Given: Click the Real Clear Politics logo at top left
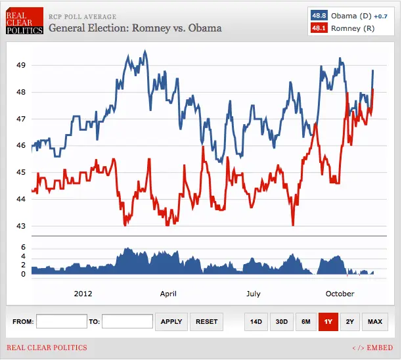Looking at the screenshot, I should [24, 22].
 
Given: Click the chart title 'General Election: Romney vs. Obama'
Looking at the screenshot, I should [135, 28].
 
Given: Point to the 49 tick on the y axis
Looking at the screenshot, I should [21, 65].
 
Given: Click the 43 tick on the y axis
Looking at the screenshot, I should [21, 226].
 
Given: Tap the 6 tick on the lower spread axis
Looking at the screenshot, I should [23, 247].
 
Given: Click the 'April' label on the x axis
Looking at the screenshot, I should [168, 294].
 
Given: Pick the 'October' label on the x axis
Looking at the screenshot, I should [340, 294].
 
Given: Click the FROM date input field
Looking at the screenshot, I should [62, 322].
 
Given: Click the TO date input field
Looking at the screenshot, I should [127, 322].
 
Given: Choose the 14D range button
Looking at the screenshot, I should [256, 322].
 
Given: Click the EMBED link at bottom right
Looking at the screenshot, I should [372, 348].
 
